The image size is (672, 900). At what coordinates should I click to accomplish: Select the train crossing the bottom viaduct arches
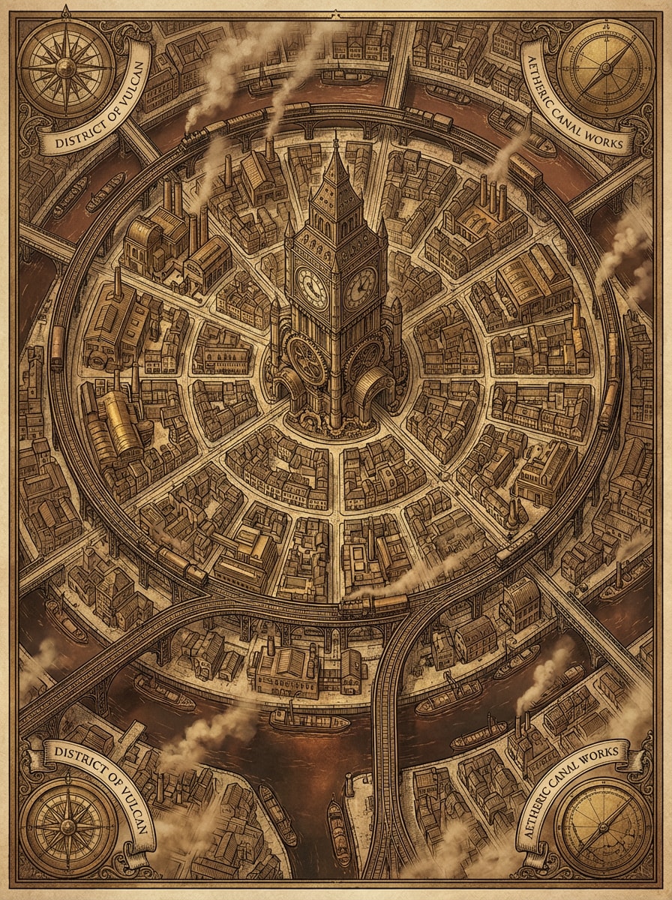point(375,602)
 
